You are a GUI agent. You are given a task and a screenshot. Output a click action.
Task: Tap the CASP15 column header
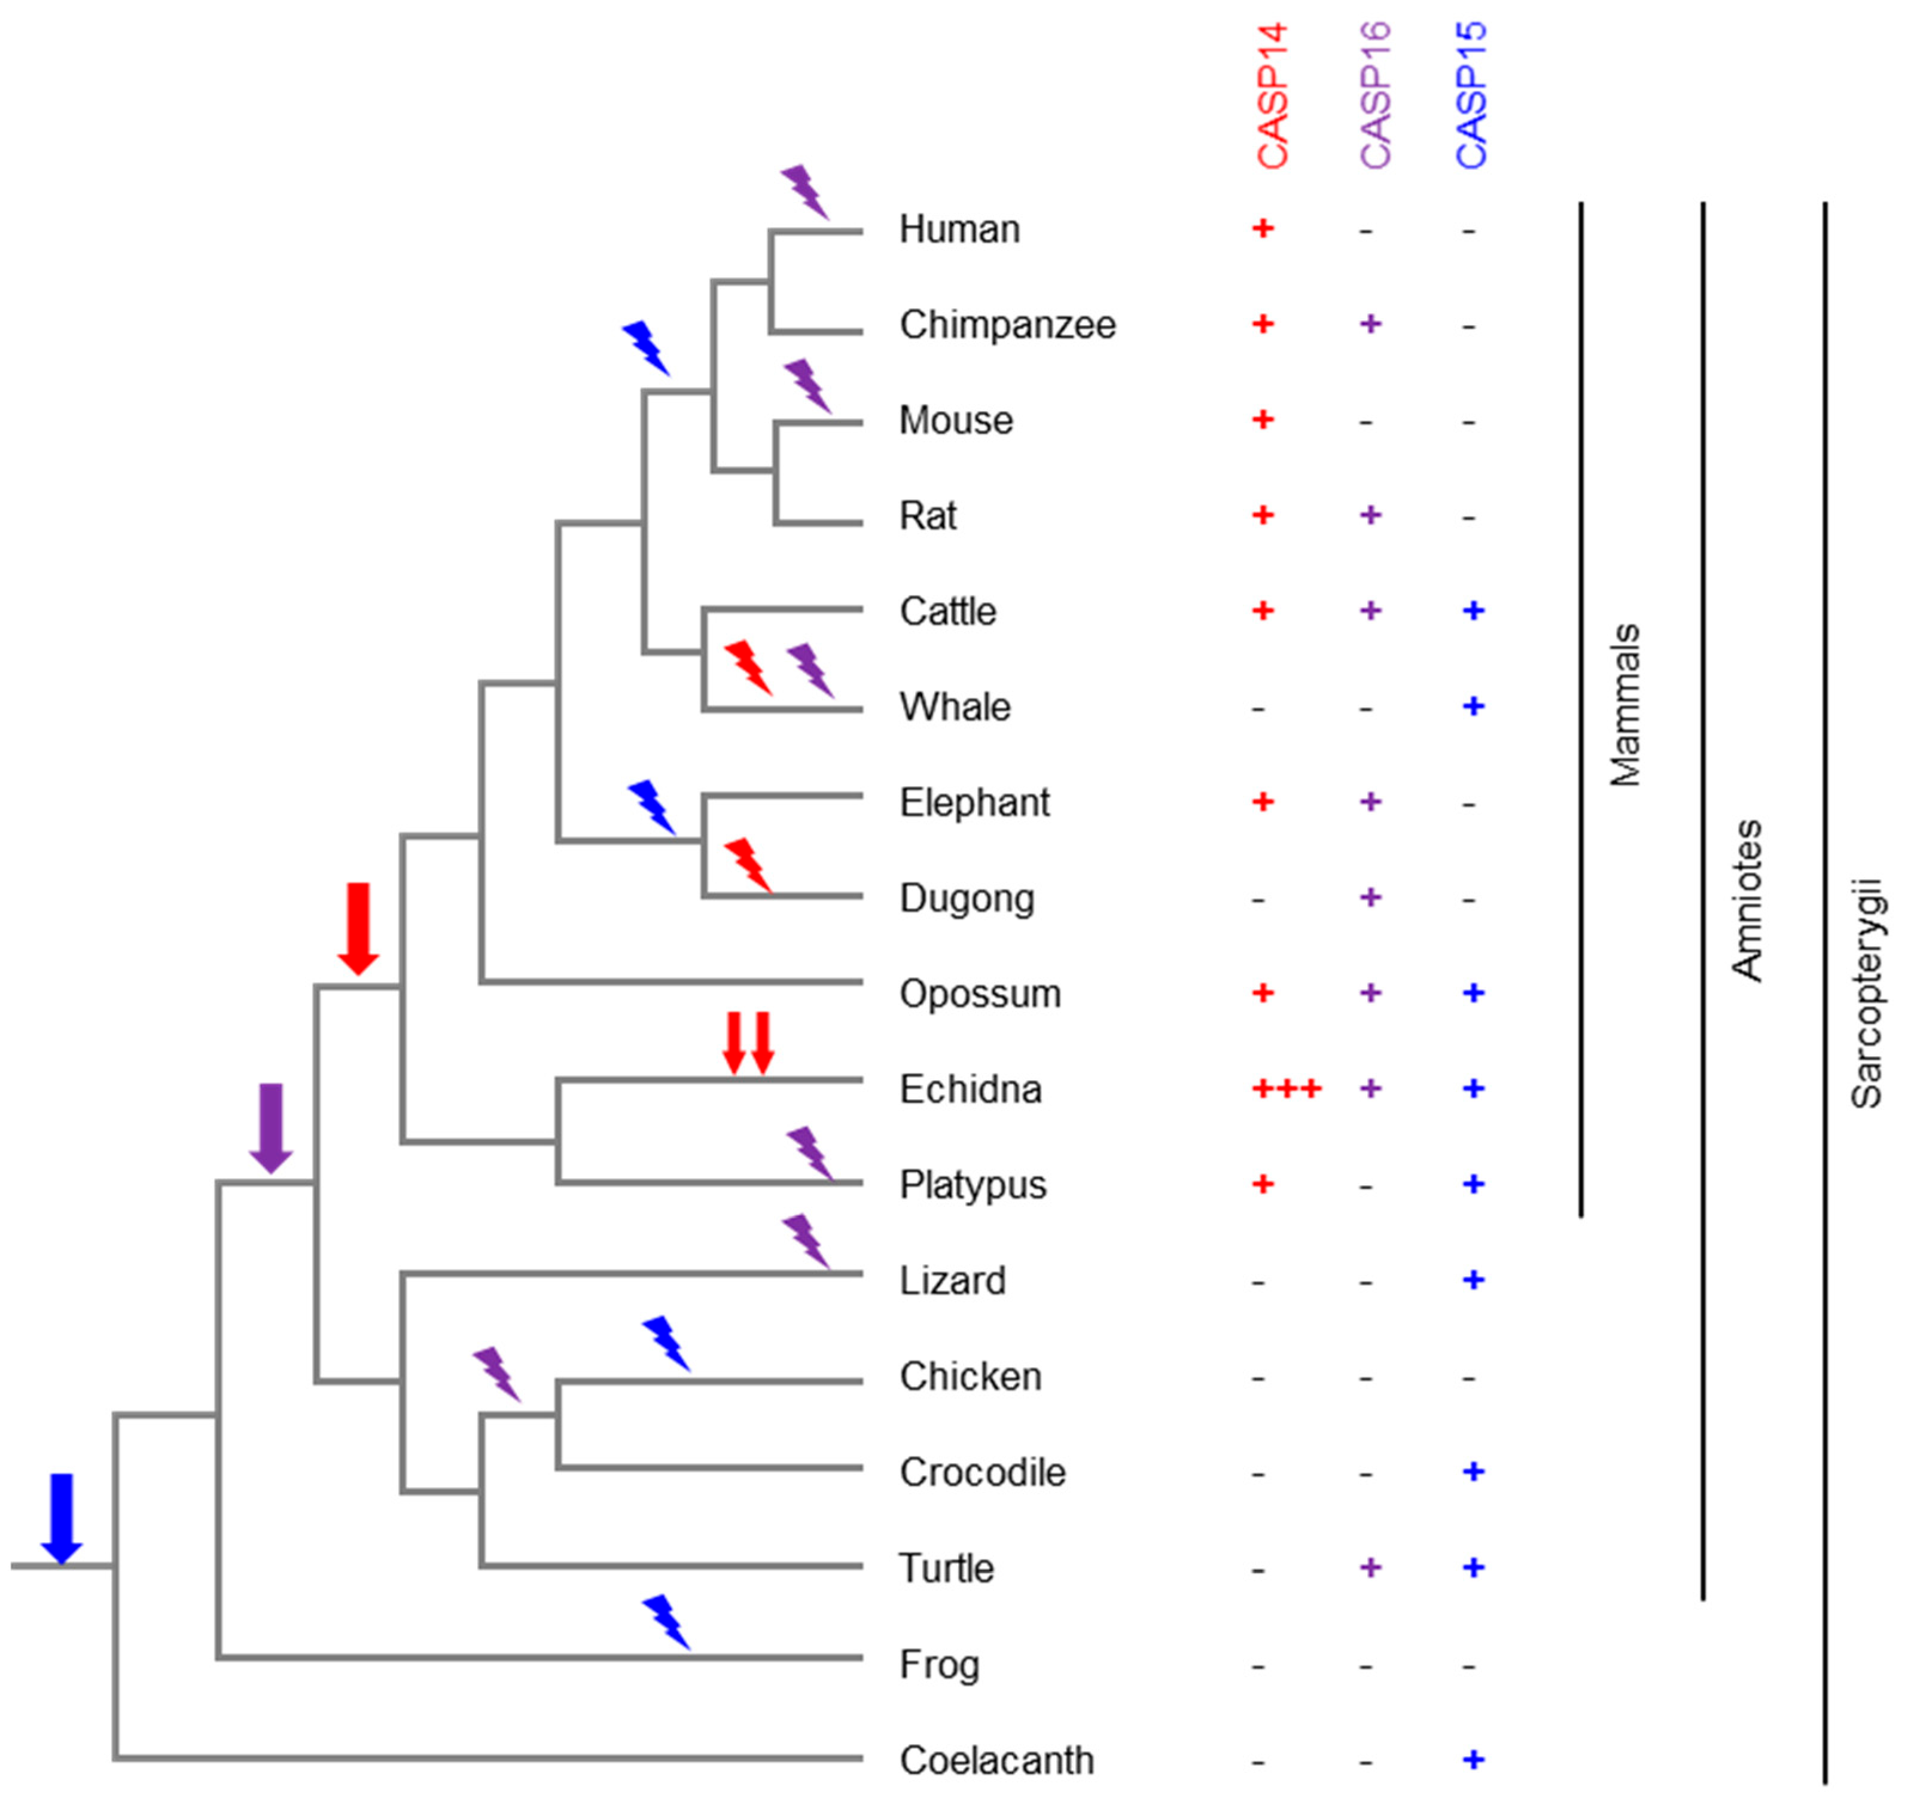[1471, 96]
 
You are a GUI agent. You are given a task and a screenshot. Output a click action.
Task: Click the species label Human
[959, 230]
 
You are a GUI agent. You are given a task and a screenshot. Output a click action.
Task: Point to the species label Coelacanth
[996, 1760]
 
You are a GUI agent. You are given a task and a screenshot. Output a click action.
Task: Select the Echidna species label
[970, 1090]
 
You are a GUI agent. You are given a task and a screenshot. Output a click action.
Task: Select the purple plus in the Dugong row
[1370, 897]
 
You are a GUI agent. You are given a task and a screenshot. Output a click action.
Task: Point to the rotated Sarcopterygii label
[1867, 993]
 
